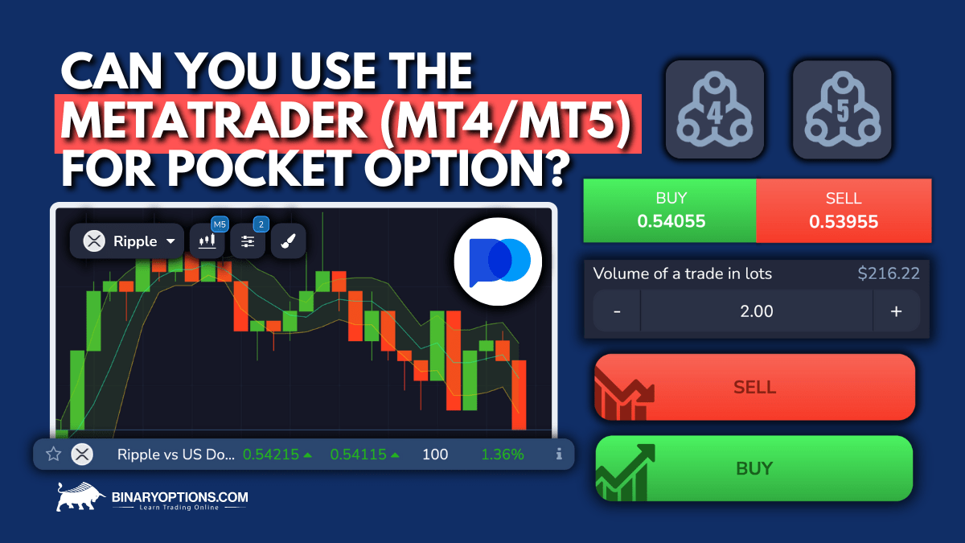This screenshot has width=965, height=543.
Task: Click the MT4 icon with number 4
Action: coord(714,109)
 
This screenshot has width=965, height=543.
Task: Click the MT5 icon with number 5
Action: coord(842,109)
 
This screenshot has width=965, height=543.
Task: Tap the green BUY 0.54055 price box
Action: coord(670,210)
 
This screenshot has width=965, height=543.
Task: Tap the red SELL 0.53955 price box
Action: coord(844,210)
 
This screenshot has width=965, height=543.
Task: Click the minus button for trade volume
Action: coord(617,311)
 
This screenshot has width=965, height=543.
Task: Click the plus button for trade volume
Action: coord(896,311)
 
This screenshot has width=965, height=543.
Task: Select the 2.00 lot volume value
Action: coord(756,311)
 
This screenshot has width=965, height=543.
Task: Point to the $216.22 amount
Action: coord(888,274)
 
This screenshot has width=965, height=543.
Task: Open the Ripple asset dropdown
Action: coord(127,241)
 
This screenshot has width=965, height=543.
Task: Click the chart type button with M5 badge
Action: coord(207,241)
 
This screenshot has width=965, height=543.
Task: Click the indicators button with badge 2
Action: coord(248,241)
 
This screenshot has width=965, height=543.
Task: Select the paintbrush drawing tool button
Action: coord(288,241)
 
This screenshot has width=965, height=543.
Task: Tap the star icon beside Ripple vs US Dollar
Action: coord(54,455)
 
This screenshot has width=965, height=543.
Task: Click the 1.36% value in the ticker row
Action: coord(503,455)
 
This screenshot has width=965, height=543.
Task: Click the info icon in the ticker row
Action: coord(559,455)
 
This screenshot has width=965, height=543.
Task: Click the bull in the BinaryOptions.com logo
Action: coord(78,497)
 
